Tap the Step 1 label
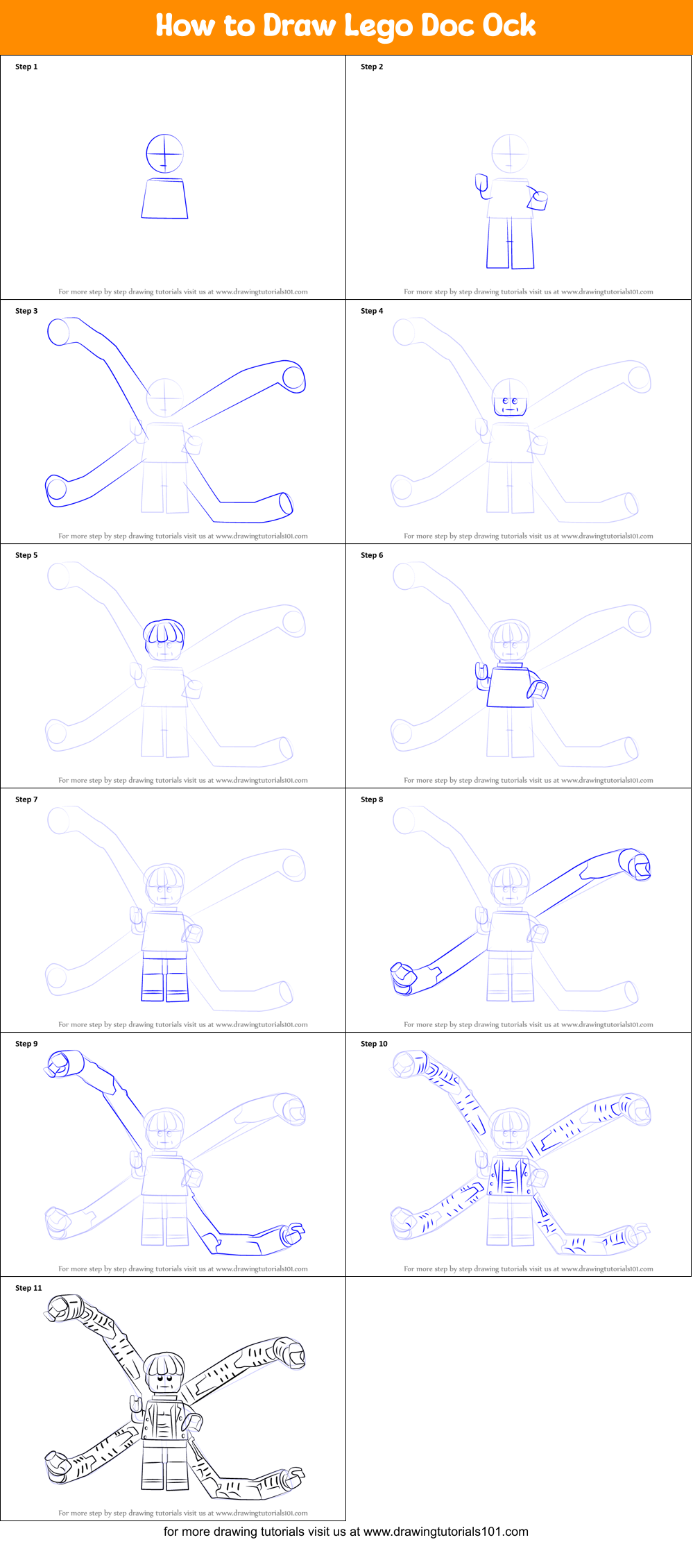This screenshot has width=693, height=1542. [x=26, y=67]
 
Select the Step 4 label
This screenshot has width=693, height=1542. [x=372, y=311]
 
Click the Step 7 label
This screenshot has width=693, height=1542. [x=26, y=799]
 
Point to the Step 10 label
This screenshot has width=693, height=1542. [x=374, y=1044]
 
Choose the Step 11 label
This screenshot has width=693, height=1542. [x=28, y=1288]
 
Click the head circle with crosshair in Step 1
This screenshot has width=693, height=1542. [x=164, y=153]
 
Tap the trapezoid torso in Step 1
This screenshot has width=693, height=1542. [x=164, y=198]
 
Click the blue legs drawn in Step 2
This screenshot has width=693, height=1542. [x=510, y=243]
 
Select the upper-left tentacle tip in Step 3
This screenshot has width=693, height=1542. [x=59, y=331]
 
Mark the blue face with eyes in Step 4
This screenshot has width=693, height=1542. [x=510, y=404]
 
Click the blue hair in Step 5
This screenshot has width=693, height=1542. [x=164, y=632]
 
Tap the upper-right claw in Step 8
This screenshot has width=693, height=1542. [x=639, y=865]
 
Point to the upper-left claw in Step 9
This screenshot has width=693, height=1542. [x=59, y=1064]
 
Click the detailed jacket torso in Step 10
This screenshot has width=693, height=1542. [x=510, y=1177]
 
